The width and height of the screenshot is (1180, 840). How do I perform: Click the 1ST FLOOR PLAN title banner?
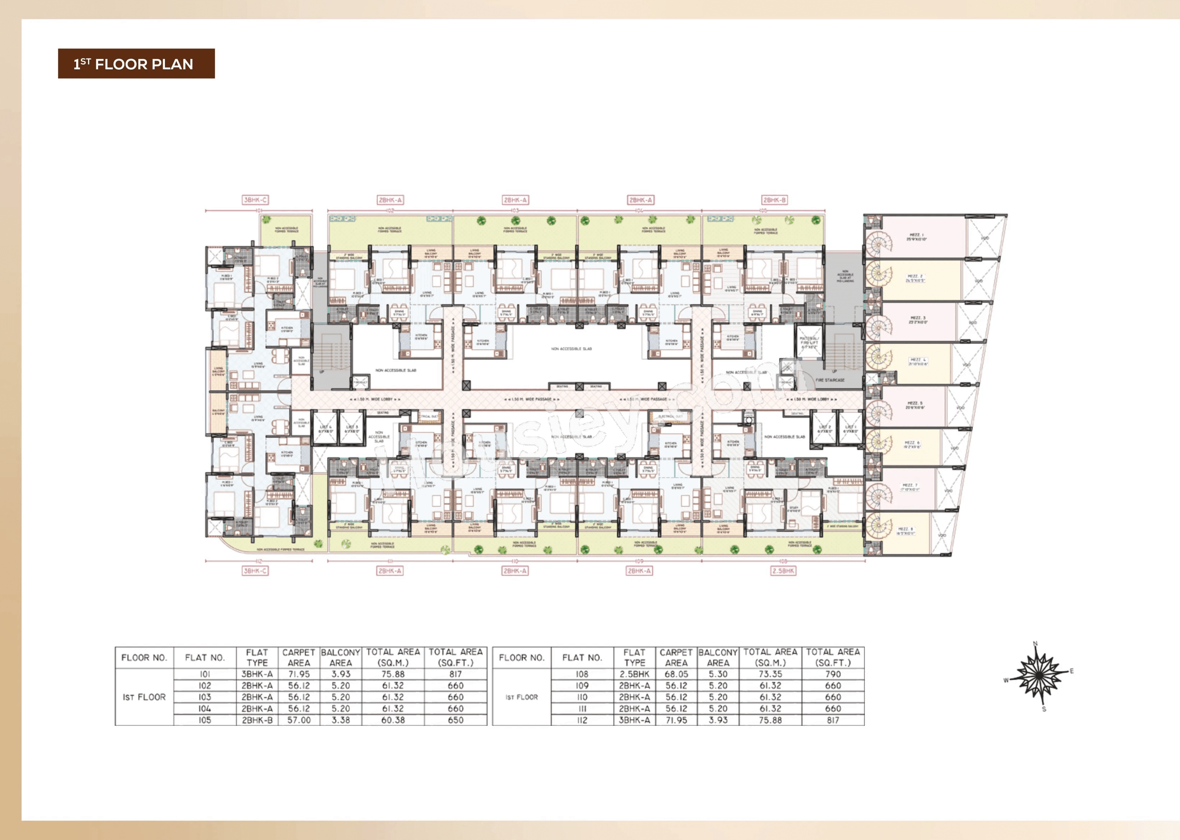[x=136, y=64]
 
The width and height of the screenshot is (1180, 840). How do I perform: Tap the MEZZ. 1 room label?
[x=917, y=237]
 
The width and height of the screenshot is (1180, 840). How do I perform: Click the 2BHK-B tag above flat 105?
[x=774, y=200]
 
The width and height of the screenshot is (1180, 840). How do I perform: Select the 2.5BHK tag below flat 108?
[x=783, y=571]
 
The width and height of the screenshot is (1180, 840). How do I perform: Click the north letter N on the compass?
[x=1035, y=644]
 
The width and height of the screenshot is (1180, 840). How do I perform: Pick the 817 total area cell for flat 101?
[x=456, y=674]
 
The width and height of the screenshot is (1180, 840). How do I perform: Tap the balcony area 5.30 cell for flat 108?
[x=718, y=674]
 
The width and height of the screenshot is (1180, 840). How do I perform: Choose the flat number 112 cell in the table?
[x=582, y=720]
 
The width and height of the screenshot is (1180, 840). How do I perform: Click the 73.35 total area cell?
[x=770, y=674]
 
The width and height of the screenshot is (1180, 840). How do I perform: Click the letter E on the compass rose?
[x=1071, y=671]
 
